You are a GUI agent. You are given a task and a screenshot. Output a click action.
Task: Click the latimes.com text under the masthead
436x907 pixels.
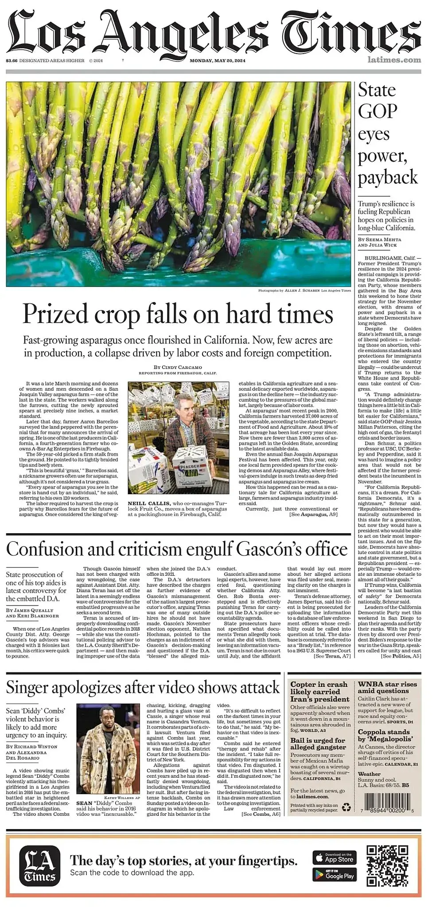(394, 60)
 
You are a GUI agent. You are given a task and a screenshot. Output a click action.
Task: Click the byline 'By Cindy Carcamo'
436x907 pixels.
(178, 367)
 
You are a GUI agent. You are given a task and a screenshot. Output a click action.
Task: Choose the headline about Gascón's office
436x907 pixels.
(177, 549)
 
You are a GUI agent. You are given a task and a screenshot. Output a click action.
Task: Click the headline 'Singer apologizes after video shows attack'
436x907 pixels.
(143, 687)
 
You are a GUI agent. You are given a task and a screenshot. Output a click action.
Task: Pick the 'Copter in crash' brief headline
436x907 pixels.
(319, 691)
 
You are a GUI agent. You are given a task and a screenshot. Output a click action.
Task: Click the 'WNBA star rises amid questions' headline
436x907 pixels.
(387, 687)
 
